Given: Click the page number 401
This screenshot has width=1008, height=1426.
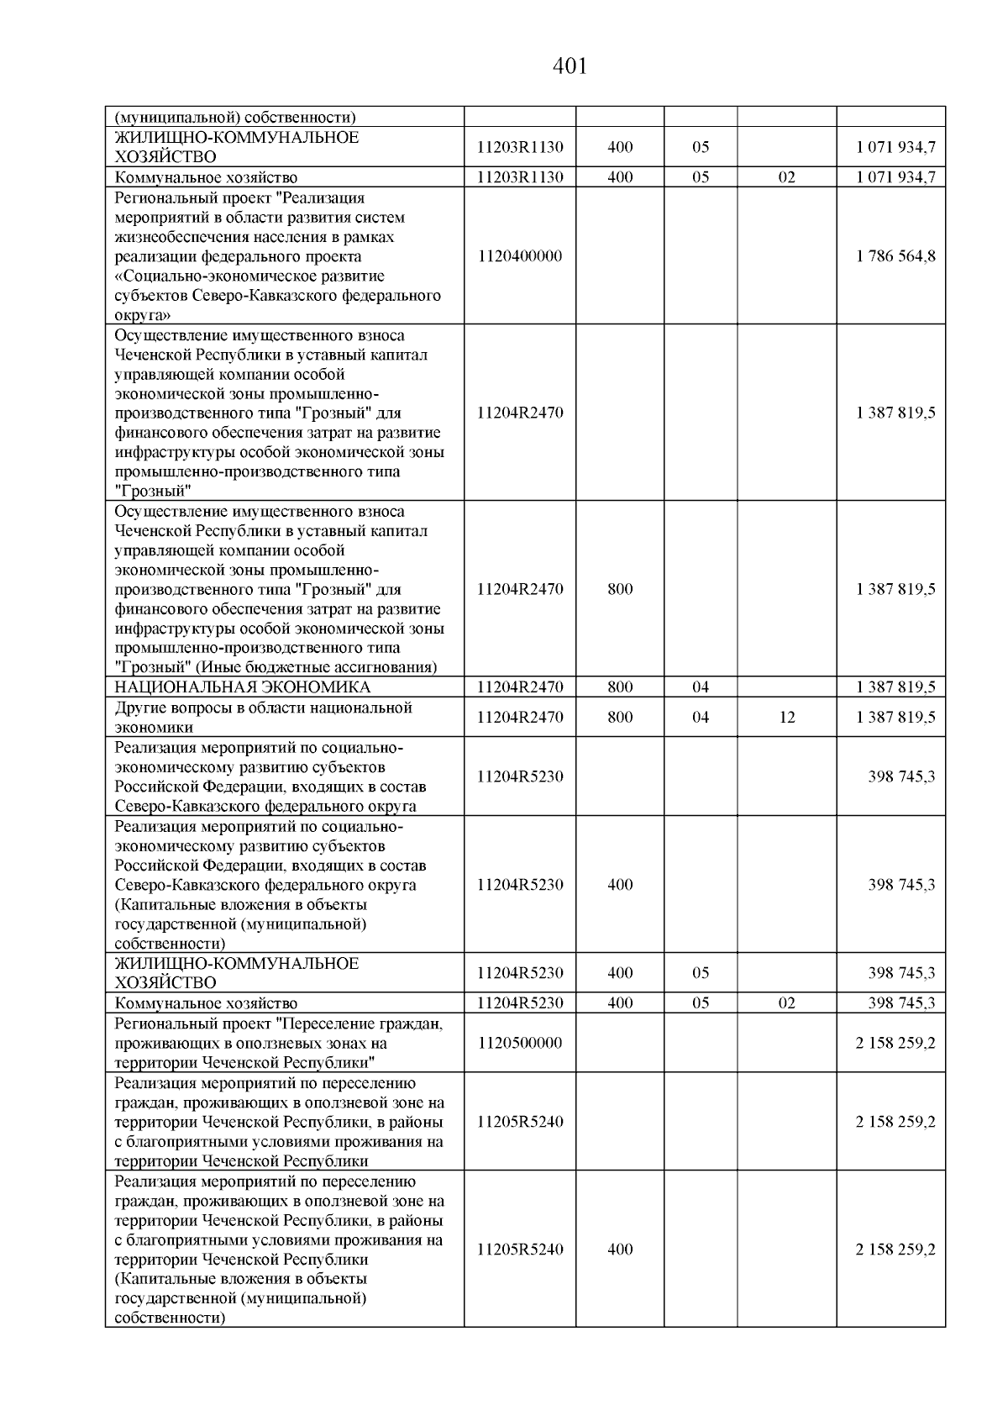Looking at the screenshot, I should click(570, 66).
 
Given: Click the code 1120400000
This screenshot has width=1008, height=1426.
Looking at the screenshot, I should click(519, 256).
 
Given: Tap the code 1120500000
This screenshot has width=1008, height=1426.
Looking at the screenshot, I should click(519, 1043).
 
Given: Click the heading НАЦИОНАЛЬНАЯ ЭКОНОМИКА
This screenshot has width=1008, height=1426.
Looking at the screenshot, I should click(242, 687).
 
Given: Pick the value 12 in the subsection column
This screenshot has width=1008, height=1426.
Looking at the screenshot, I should click(786, 718).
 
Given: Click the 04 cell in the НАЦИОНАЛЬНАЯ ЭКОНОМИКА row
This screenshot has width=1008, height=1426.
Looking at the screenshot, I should click(701, 687).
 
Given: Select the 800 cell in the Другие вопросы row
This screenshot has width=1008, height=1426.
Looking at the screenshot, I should click(620, 718).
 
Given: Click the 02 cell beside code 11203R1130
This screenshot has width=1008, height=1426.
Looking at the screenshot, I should click(786, 177).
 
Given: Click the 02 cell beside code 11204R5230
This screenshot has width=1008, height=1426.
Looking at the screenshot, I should click(786, 1003).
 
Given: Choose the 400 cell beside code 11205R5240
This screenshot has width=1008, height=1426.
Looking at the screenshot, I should click(620, 1250).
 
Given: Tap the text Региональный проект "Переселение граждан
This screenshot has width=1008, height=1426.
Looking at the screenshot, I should click(278, 1023).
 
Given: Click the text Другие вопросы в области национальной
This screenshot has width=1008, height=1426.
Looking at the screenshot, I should click(263, 708).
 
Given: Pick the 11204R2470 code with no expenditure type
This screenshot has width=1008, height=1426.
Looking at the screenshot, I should click(519, 413).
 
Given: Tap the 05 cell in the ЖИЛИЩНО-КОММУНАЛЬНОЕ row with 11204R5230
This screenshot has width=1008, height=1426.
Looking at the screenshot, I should click(701, 973).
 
